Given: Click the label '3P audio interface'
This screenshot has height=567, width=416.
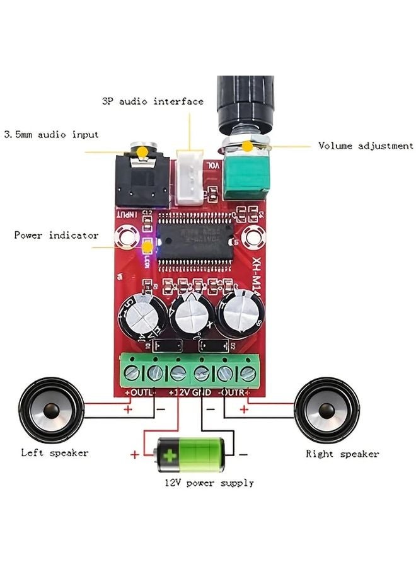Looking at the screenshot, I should point(153,101).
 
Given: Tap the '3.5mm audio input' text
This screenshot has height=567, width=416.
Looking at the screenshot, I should point(51,134).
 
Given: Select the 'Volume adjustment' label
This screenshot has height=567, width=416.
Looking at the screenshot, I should point(366,146).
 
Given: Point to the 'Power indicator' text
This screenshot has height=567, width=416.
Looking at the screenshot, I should point(56,235).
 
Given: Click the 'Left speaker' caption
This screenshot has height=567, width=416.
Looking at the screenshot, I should point(55,452).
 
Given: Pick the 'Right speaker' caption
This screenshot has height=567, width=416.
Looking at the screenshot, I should point(342,454).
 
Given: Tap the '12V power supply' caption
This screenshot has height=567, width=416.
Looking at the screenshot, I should point(209,483).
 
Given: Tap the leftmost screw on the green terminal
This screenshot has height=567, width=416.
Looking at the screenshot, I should point(134,372).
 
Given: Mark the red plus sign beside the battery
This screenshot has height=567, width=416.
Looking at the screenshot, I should point(134,454).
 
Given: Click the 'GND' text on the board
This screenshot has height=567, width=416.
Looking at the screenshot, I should point(202,392).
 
